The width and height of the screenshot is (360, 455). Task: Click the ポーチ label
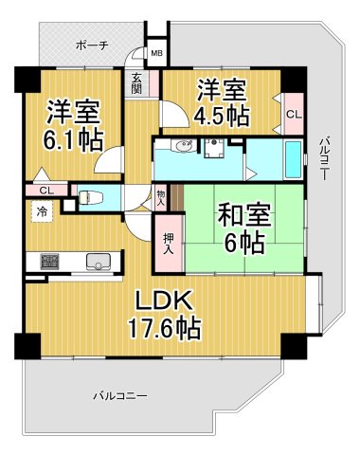91,45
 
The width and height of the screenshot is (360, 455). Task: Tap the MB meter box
156,53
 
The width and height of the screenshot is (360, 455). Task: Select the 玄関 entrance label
137,84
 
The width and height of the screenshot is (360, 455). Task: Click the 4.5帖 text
223,117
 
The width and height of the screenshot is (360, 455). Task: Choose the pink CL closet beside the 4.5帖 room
295,114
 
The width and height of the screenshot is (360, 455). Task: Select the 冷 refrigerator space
44,211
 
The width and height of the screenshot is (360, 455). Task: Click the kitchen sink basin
98,262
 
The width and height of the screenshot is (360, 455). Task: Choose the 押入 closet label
169,244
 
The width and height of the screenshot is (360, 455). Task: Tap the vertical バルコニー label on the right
324,156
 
